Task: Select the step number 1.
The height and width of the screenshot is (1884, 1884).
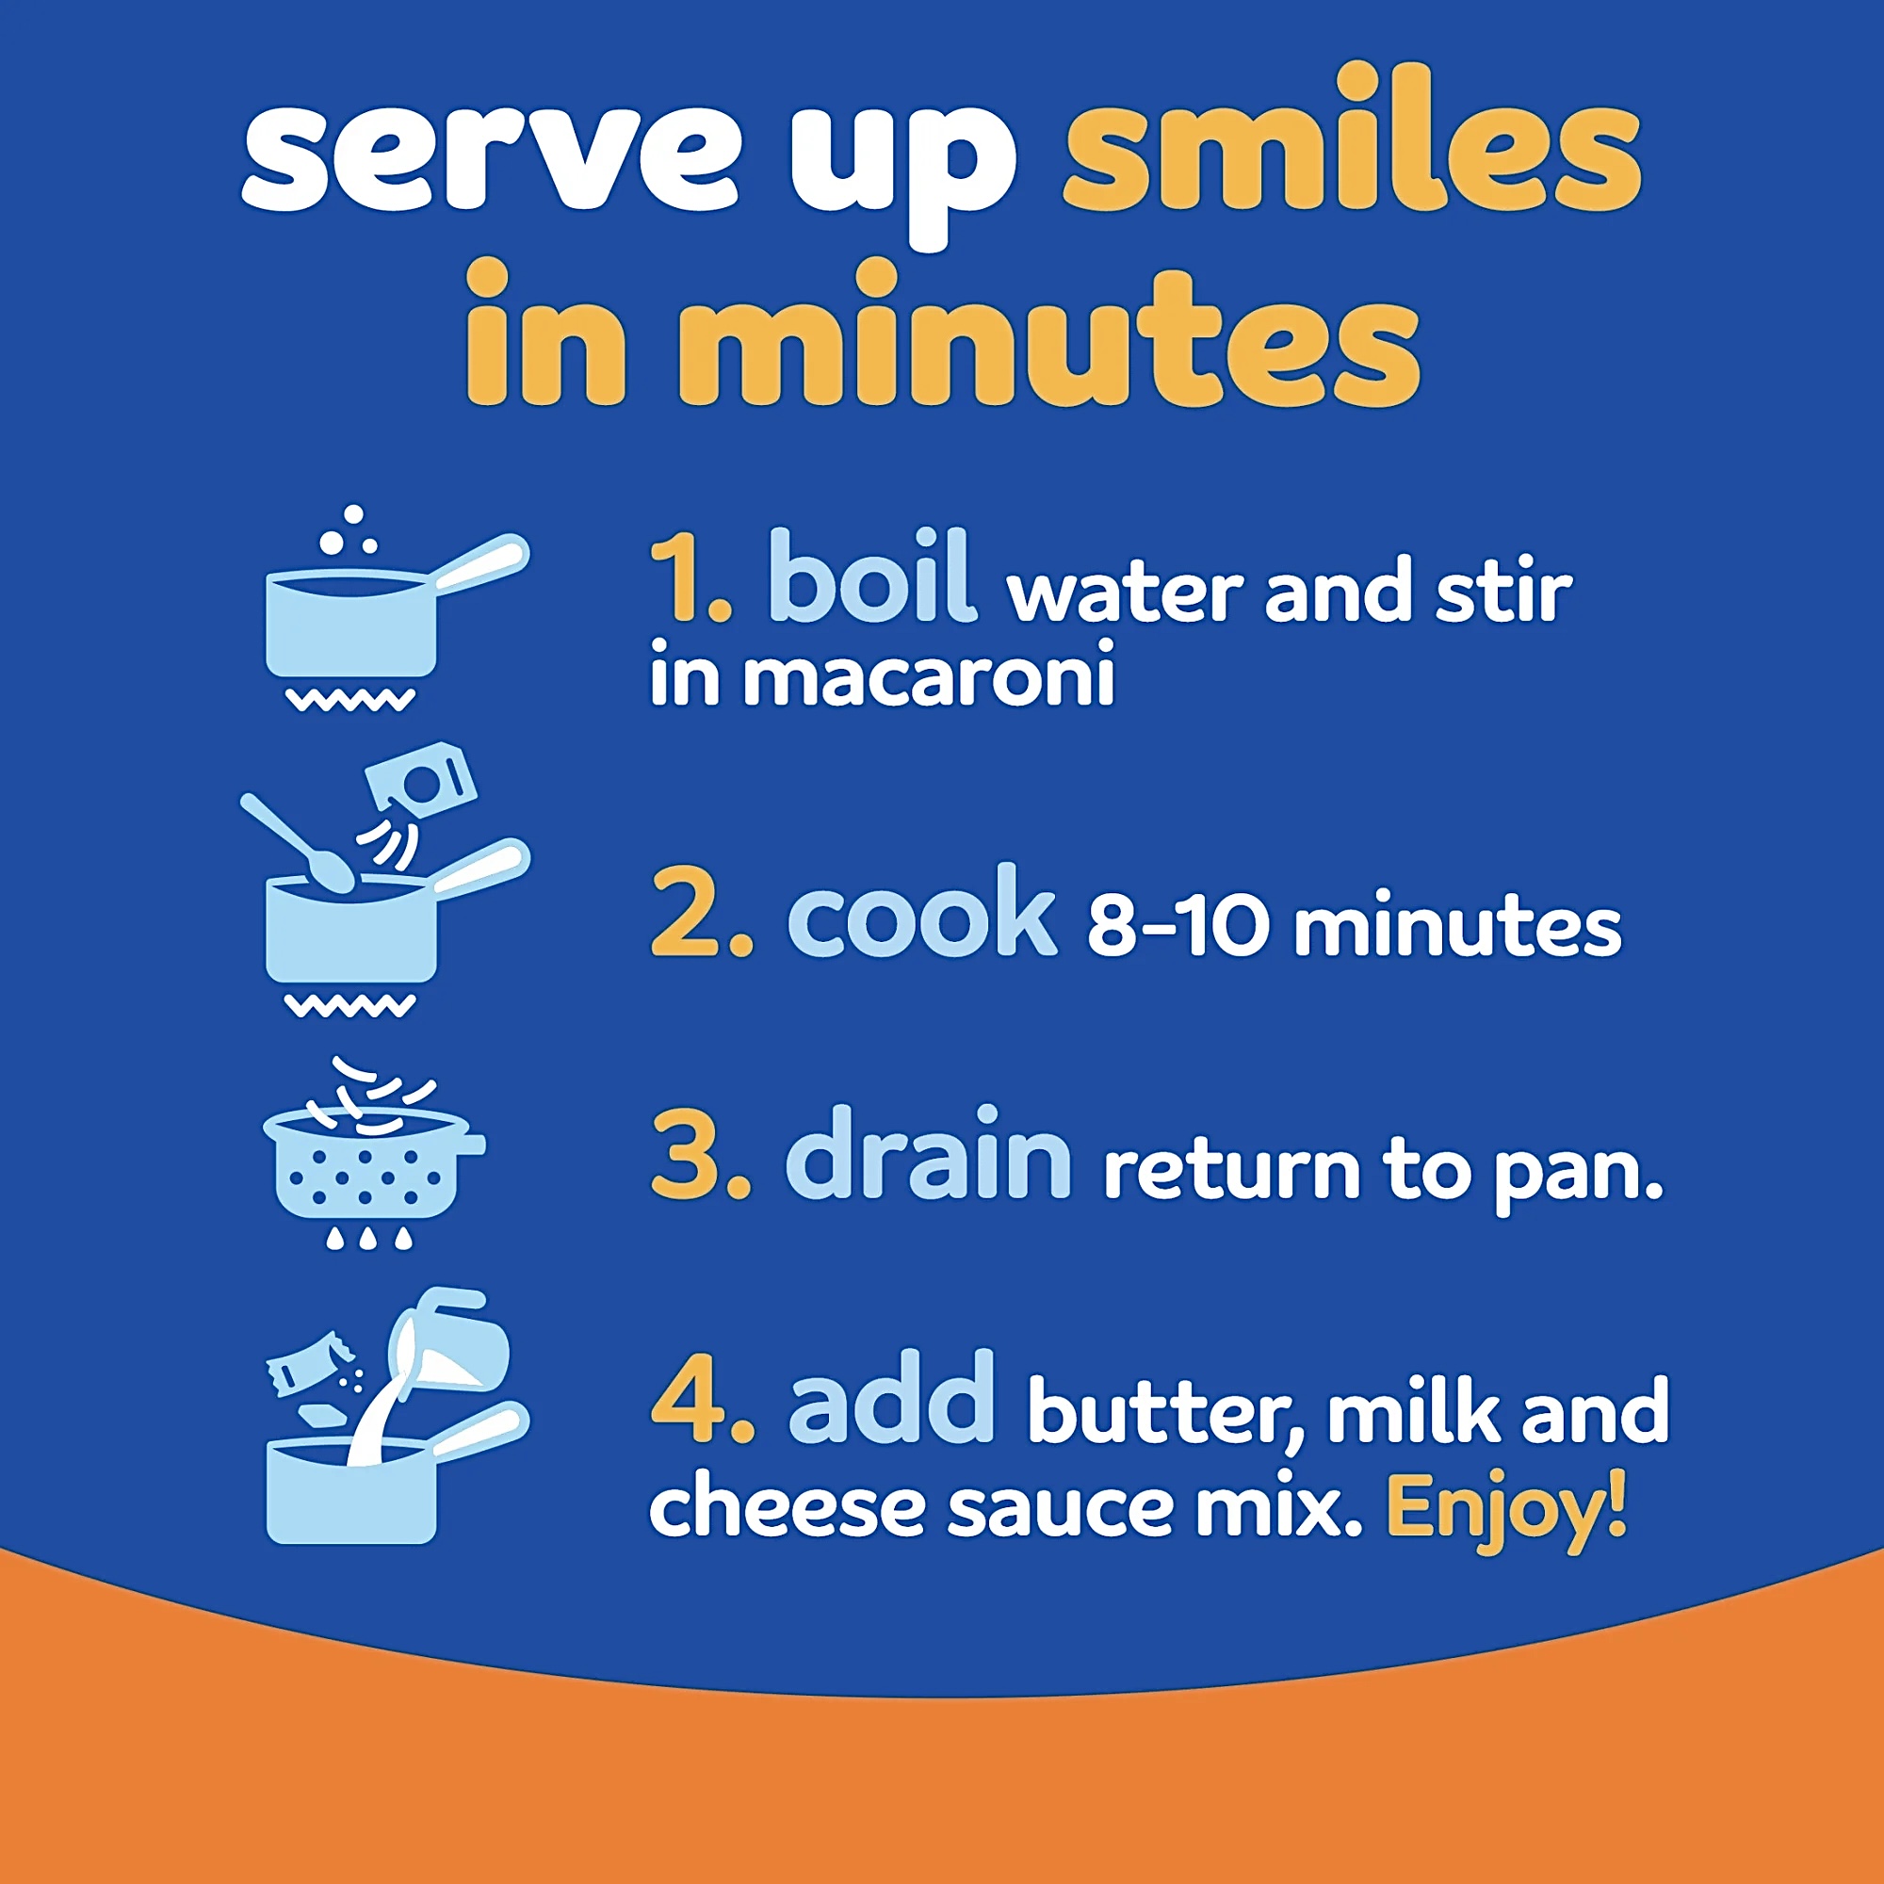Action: coord(690,577)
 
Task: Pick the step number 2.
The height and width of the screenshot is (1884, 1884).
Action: coord(701,913)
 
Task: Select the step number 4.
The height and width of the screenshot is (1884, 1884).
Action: coord(703,1396)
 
